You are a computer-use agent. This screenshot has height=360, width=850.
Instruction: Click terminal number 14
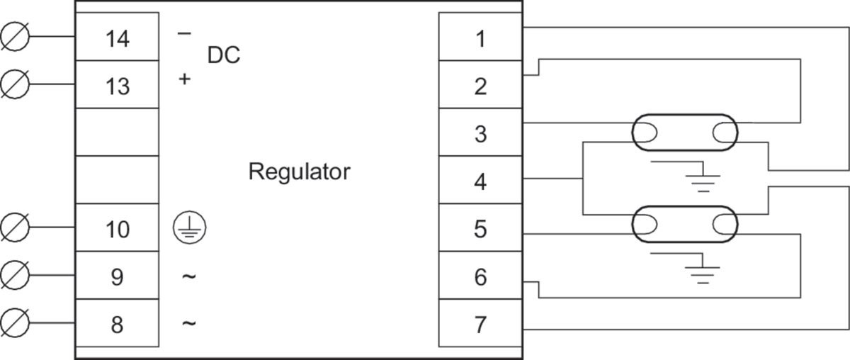tap(118, 39)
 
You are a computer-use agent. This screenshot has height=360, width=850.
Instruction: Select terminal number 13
tap(118, 86)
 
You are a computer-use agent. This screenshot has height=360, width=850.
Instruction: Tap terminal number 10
tap(118, 230)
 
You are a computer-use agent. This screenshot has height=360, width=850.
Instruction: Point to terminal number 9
tap(118, 277)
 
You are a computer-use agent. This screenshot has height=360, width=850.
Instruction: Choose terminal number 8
tap(118, 325)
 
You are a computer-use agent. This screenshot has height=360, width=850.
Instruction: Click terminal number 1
tap(481, 39)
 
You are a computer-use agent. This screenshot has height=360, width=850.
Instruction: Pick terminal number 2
tap(481, 86)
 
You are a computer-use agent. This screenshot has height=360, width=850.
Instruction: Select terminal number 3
tap(481, 134)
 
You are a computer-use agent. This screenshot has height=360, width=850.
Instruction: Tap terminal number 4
tap(481, 182)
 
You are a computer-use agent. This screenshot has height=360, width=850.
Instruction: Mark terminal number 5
tap(481, 230)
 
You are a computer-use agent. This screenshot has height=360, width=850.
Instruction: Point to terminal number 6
tap(481, 277)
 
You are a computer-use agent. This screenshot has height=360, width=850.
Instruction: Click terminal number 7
tap(481, 325)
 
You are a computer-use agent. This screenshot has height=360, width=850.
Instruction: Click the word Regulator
tap(300, 172)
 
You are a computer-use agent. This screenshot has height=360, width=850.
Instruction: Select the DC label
tap(224, 55)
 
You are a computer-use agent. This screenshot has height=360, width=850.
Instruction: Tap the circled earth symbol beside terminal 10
tap(190, 227)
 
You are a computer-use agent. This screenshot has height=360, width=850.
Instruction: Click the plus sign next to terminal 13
tap(184, 79)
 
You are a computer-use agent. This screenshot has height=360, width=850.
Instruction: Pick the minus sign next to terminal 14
tap(184, 34)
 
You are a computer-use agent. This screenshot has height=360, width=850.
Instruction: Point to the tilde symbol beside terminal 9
tap(189, 276)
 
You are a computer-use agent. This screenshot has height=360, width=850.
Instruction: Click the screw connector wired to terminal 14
tap(15, 36)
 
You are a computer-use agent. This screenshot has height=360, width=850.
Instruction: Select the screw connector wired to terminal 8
tap(15, 322)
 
